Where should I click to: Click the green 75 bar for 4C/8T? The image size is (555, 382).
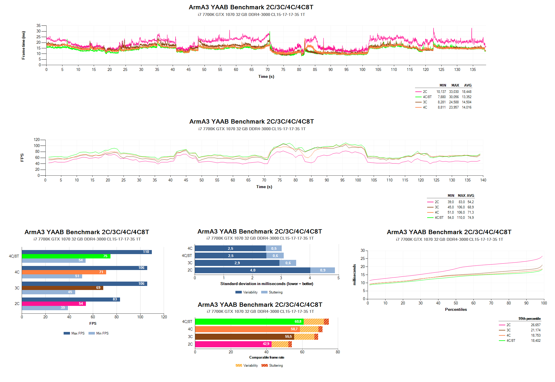(x=66, y=256)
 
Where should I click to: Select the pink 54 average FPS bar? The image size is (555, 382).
(x=54, y=304)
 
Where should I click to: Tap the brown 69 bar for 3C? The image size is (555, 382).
(x=62, y=288)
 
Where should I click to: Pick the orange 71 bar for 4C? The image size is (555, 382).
(x=64, y=272)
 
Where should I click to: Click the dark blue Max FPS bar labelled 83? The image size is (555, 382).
(x=71, y=299)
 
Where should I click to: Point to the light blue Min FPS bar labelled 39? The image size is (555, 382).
(x=45, y=308)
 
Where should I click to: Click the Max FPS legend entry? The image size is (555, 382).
(x=74, y=333)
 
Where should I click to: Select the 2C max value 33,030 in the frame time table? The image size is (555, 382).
(x=454, y=92)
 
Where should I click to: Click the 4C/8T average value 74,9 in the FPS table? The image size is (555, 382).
(x=471, y=218)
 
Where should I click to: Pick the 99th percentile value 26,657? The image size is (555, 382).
(x=536, y=325)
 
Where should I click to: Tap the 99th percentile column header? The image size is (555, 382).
(x=529, y=319)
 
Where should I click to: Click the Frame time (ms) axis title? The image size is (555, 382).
(x=23, y=45)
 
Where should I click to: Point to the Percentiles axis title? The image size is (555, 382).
(x=456, y=309)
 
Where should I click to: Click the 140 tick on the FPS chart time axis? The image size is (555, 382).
(x=483, y=180)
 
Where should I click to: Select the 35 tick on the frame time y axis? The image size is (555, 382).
(x=38, y=26)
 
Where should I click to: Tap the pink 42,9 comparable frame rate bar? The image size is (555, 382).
(x=233, y=344)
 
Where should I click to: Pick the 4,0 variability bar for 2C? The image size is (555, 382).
(x=252, y=270)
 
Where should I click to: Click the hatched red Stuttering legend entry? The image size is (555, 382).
(x=272, y=366)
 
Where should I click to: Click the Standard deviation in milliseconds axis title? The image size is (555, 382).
(x=267, y=284)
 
